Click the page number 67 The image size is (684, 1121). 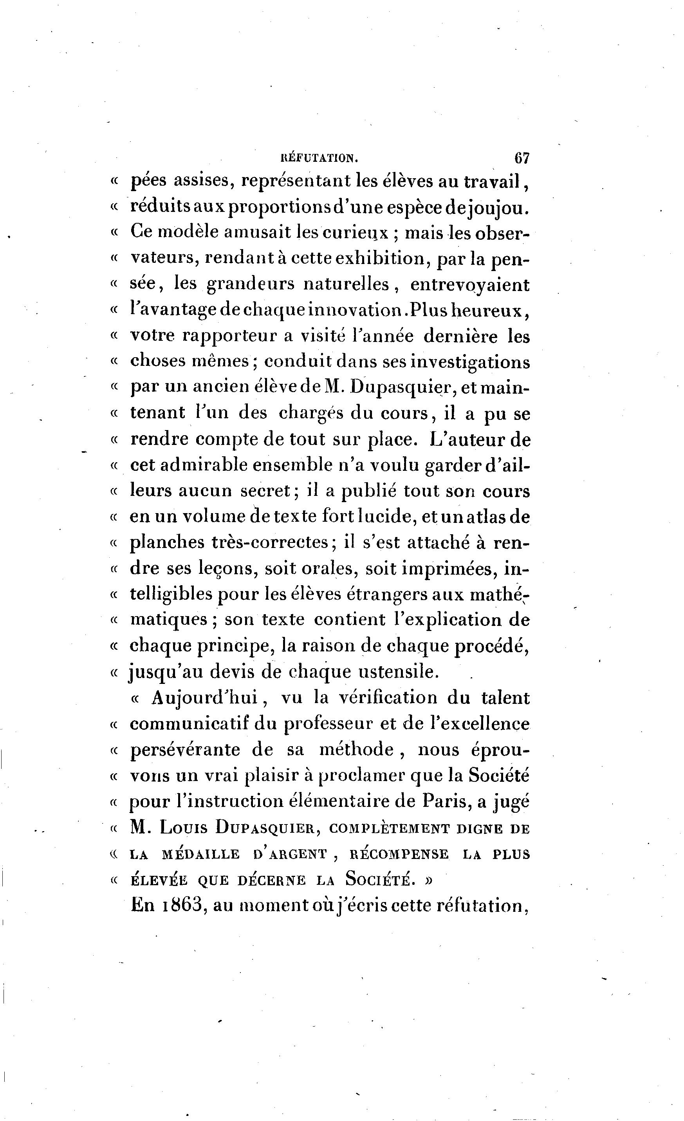tap(522, 158)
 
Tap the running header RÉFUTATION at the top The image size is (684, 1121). tap(319, 158)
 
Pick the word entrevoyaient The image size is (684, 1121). tap(470, 285)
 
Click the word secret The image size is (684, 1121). tap(265, 491)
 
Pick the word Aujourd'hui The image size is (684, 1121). tap(204, 698)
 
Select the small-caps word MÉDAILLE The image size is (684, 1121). tap(200, 853)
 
